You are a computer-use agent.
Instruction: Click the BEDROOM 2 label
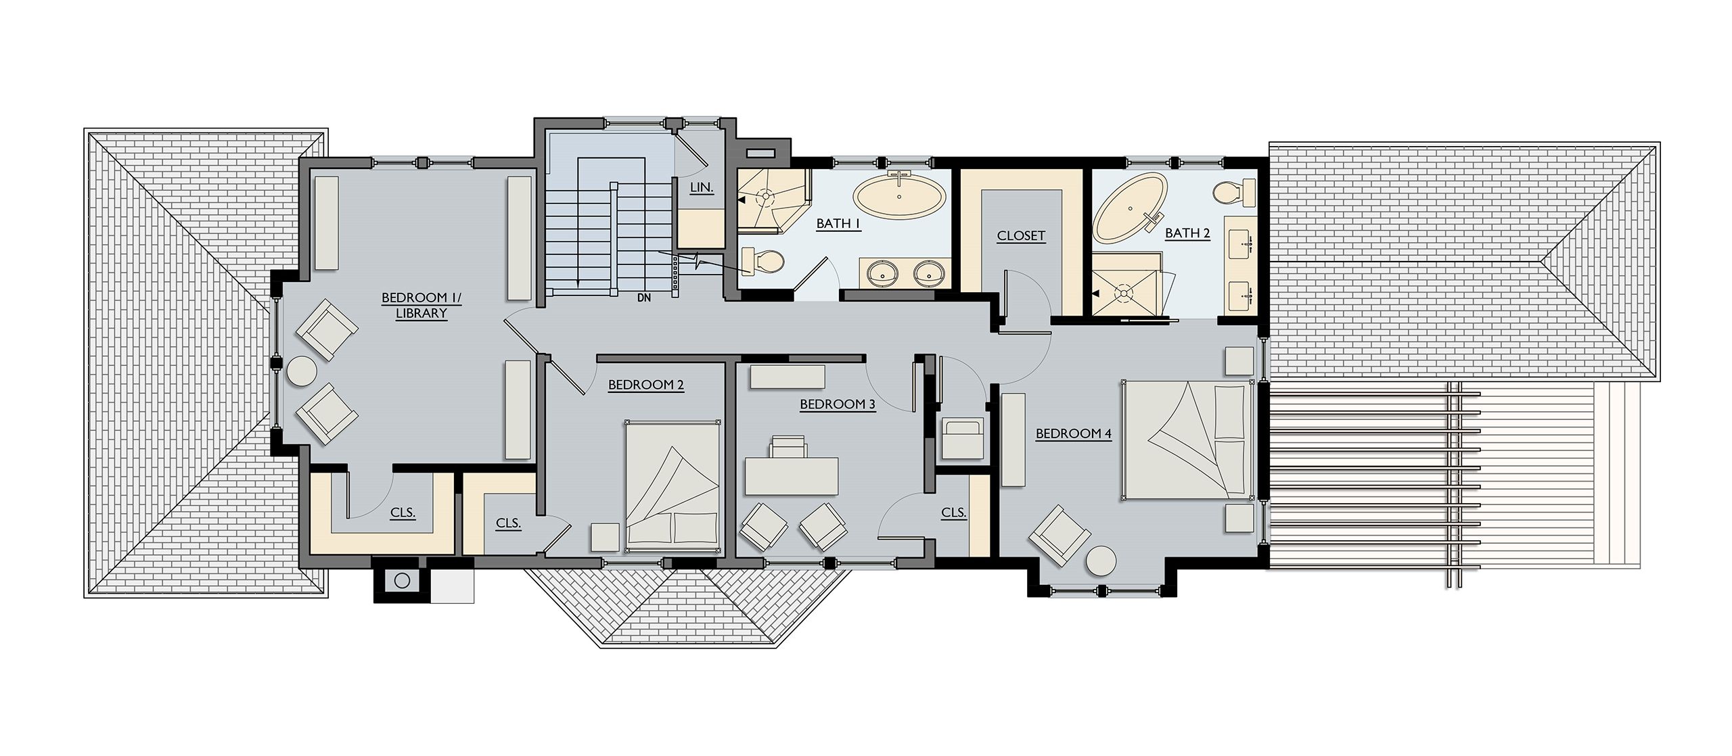[646, 385]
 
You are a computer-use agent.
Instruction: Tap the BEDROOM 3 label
[838, 404]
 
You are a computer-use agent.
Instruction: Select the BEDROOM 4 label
[1074, 433]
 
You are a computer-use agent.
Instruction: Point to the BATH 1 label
[839, 224]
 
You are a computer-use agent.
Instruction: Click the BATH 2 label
[1187, 233]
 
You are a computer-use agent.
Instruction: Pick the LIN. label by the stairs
[702, 187]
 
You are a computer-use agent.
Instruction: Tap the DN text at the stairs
[643, 297]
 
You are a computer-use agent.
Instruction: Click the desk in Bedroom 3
[792, 477]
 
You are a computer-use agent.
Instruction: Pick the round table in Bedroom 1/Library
[301, 373]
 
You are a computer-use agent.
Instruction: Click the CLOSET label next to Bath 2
[1021, 236]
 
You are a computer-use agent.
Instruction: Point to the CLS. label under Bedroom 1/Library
[403, 513]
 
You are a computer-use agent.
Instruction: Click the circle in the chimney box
[402, 580]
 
